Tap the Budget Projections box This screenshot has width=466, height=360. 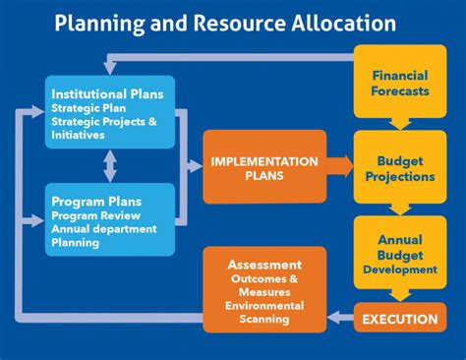pos(399,168)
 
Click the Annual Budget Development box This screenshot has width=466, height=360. pos(399,253)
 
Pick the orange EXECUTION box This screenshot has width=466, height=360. pos(399,319)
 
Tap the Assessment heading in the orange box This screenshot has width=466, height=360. pos(263,265)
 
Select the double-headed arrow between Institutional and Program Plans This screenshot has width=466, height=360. pos(110,165)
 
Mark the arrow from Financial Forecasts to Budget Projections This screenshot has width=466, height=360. pos(399,124)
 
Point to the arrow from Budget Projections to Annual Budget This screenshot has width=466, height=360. pos(399,208)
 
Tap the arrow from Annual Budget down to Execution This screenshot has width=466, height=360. pos(399,294)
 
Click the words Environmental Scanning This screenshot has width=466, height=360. pos(263,312)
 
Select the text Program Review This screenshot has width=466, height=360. pos(96,216)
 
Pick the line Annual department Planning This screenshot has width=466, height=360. pos(103,237)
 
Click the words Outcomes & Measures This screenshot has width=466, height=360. pos(263,285)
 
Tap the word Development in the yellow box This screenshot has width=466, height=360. pos(399,269)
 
